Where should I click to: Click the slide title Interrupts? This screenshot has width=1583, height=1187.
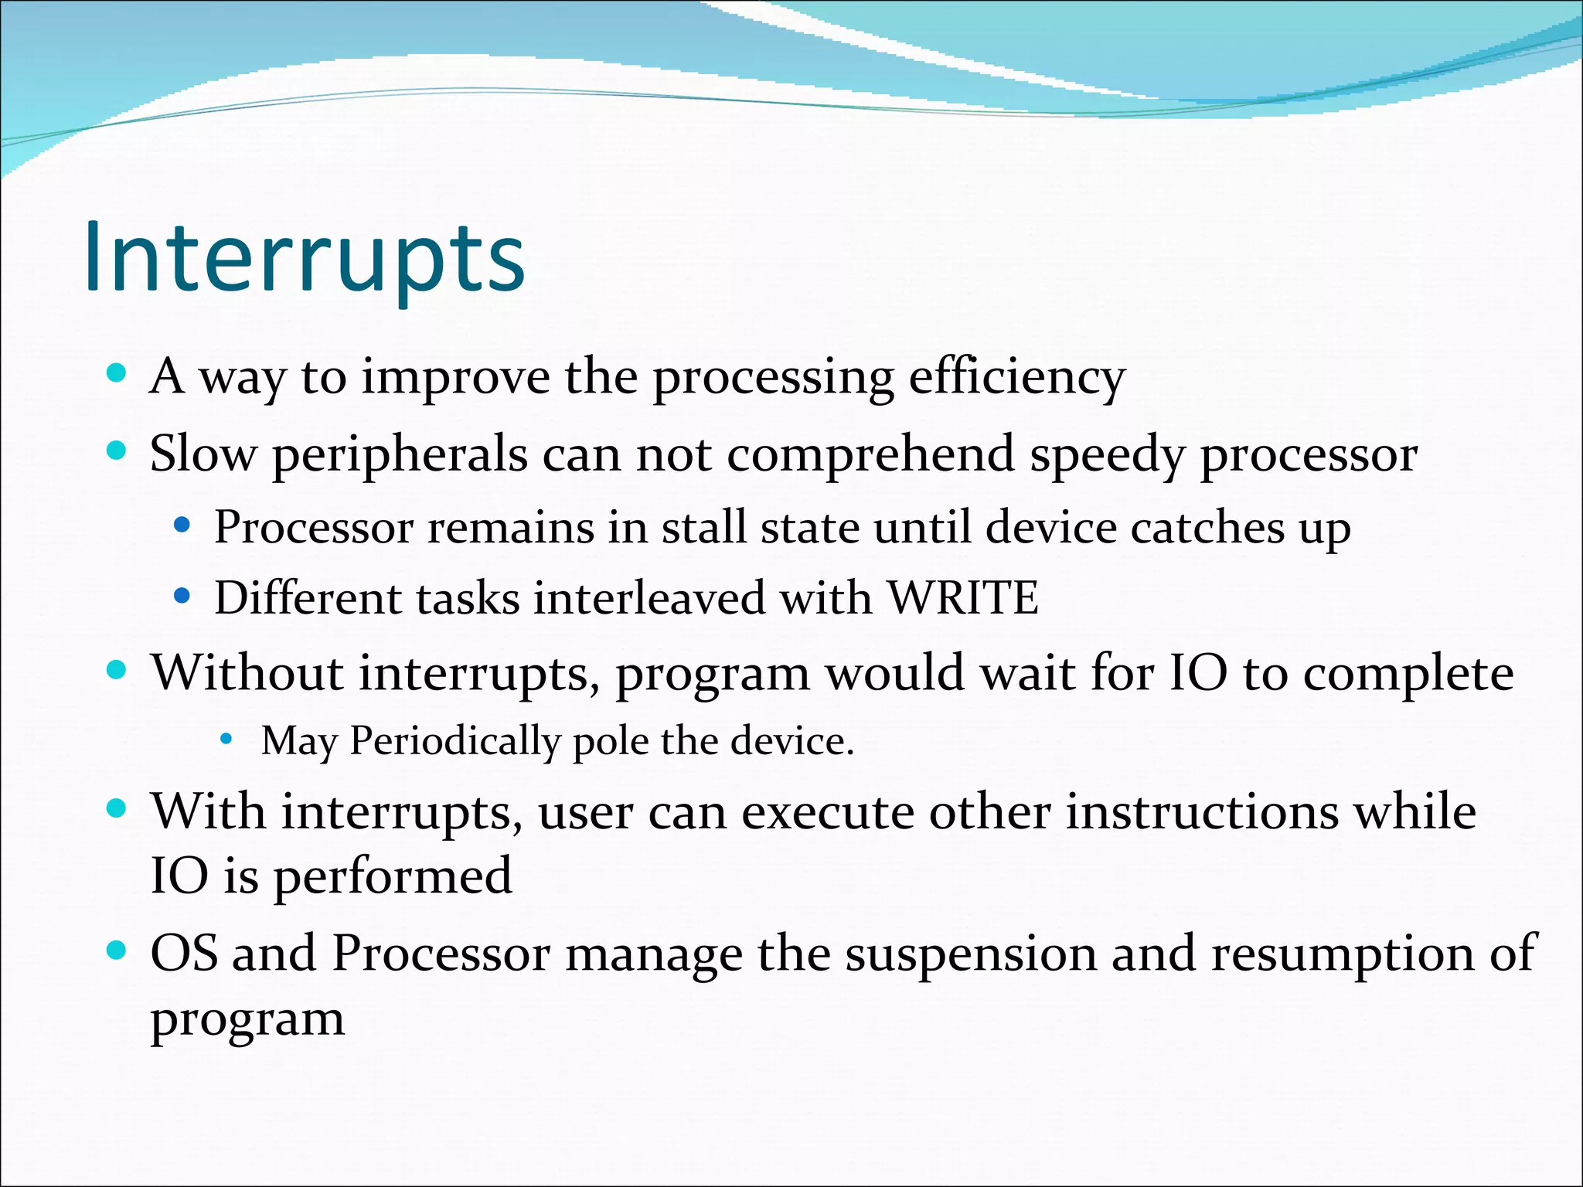(x=305, y=257)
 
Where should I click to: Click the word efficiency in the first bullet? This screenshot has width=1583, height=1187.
(x=1016, y=379)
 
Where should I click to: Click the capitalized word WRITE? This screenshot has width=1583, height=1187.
(x=962, y=597)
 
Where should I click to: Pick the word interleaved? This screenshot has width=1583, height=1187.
(x=649, y=597)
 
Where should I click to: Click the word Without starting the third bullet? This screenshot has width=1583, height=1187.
(x=247, y=672)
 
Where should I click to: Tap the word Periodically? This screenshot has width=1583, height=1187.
(x=454, y=742)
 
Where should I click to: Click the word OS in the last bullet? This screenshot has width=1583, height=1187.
(x=183, y=953)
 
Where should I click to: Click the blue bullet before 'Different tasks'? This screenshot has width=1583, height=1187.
(x=182, y=596)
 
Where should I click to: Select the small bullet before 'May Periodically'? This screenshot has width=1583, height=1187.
(x=226, y=740)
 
